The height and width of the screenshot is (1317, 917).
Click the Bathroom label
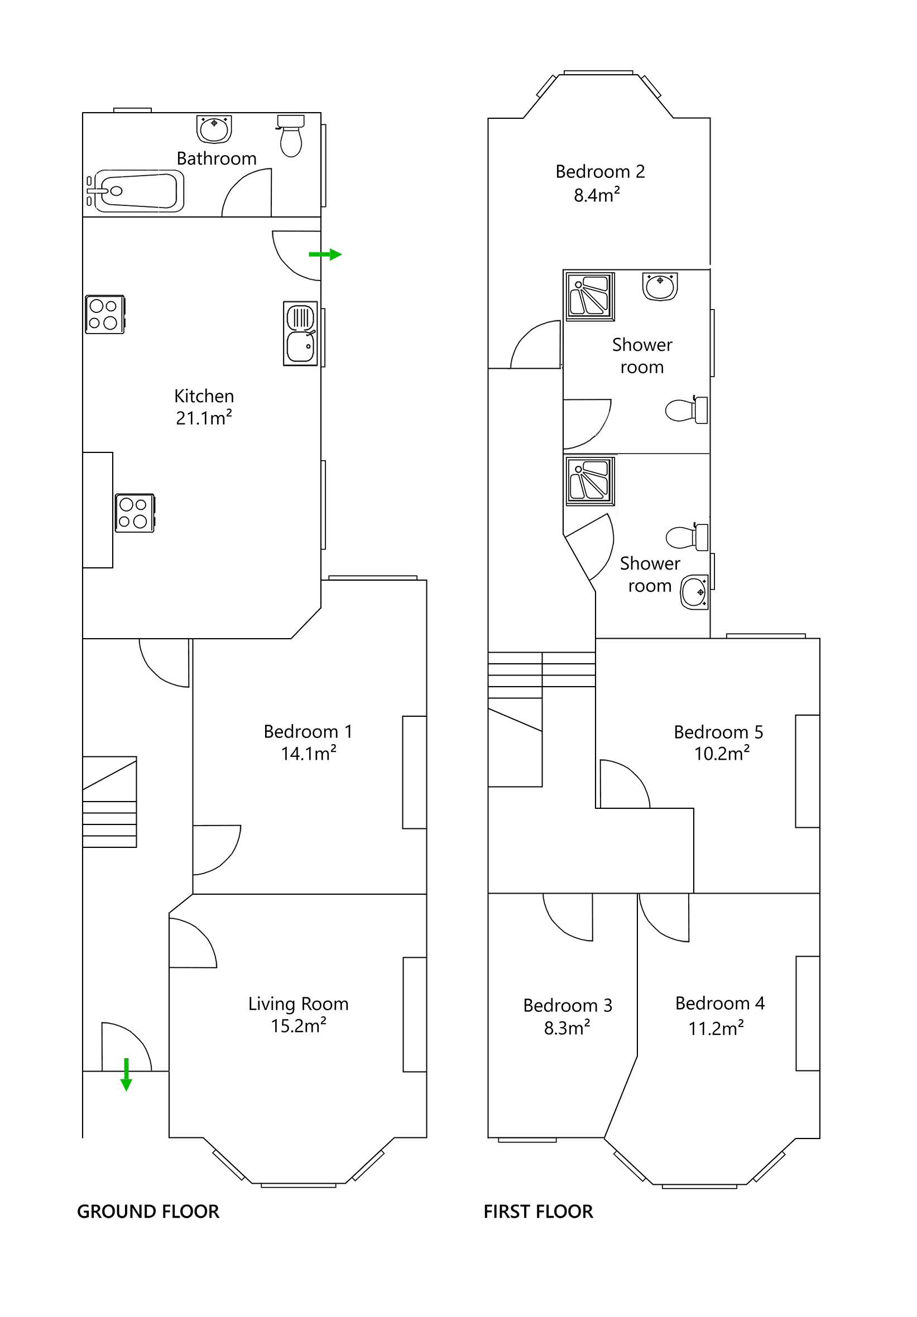click(217, 158)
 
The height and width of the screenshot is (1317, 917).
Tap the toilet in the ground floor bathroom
click(291, 136)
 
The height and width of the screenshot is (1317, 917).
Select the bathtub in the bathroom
click(136, 191)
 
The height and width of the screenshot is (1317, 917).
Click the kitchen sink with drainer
click(300, 333)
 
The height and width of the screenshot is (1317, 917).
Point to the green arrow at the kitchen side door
click(325, 254)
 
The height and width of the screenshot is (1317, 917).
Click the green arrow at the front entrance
click(126, 1074)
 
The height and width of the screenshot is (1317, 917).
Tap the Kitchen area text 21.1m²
click(204, 418)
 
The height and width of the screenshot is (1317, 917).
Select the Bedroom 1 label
click(308, 731)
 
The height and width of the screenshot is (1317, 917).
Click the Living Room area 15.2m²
click(299, 1026)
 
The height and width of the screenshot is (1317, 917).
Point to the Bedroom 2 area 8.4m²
click(597, 196)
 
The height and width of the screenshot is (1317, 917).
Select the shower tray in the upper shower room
click(590, 296)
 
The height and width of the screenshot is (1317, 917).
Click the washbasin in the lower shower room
click(694, 592)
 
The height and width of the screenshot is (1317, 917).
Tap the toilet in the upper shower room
click(686, 410)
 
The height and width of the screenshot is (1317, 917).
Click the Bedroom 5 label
click(718, 732)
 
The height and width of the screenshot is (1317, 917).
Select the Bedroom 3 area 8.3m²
click(567, 1029)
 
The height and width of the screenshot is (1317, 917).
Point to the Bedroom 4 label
click(719, 1004)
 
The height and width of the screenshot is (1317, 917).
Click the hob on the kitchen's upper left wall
click(104, 315)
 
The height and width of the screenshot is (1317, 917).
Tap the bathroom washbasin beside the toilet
click(214, 128)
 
